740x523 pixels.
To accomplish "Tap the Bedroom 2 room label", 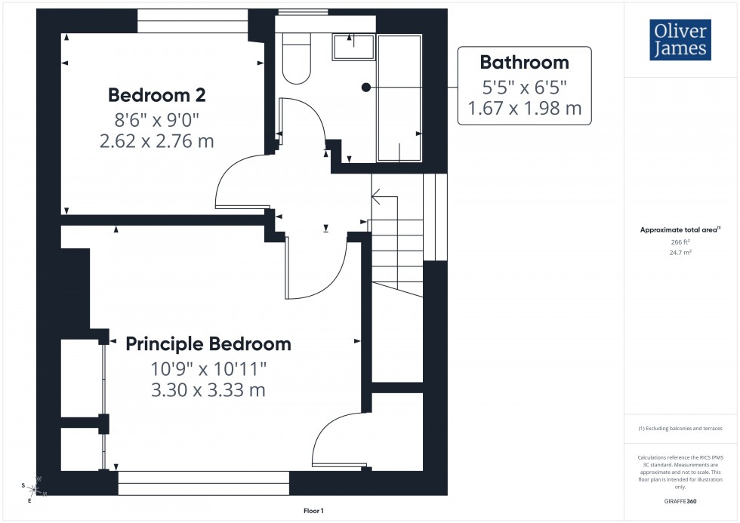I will click(x=157, y=95).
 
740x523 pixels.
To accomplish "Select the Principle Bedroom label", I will click(x=208, y=344).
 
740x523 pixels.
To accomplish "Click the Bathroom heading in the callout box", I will click(x=525, y=62).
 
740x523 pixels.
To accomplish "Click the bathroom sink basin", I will click(x=353, y=47).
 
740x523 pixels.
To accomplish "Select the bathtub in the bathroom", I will click(x=399, y=98).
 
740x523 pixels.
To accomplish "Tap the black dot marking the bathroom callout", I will click(x=366, y=88).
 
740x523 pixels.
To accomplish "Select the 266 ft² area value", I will click(x=680, y=242).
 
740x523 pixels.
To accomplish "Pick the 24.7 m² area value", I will click(x=680, y=254).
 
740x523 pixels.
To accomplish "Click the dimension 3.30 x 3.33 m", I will click(x=208, y=390).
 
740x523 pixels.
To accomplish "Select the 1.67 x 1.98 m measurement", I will click(x=525, y=108).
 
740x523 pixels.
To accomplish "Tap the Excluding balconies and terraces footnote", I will click(x=680, y=429).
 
